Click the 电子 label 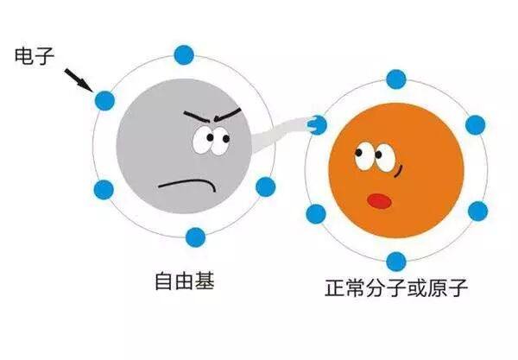click(34, 56)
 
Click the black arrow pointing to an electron click(78, 79)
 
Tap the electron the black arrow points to click(104, 100)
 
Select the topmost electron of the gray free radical click(184, 55)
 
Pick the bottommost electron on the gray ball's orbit click(196, 237)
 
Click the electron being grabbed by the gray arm click(318, 125)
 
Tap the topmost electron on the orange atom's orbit click(395, 79)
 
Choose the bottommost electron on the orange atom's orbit click(395, 262)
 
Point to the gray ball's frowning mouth click(187, 185)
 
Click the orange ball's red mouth click(380, 201)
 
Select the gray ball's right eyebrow click(228, 114)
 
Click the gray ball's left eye click(204, 140)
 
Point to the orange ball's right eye click(385, 157)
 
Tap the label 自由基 click(185, 281)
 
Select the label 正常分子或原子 click(396, 288)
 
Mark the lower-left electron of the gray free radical click(104, 190)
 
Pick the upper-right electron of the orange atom click(476, 125)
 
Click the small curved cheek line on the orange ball click(399, 172)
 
